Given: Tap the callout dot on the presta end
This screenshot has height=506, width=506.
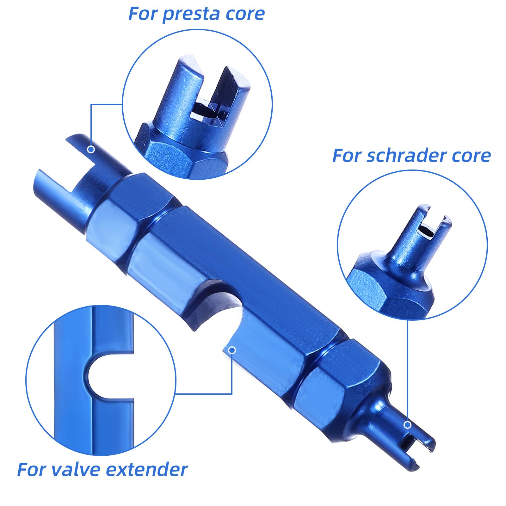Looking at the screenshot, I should (91, 149).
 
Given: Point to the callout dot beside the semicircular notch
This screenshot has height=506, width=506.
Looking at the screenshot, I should (232, 350).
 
